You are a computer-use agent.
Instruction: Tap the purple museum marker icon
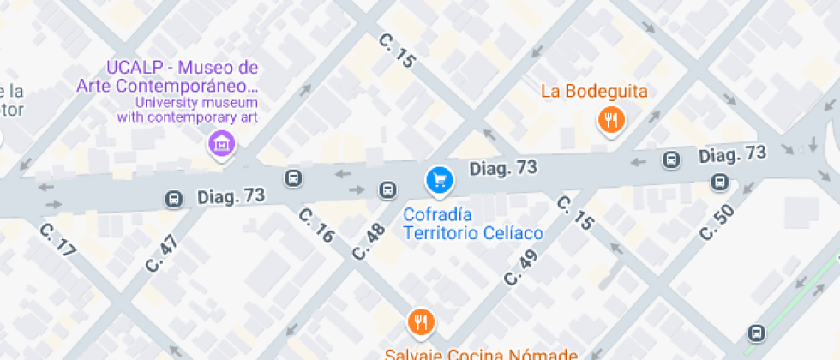click(x=222, y=143)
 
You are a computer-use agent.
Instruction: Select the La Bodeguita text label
click(x=594, y=92)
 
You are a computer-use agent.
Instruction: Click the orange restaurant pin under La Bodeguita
click(x=610, y=120)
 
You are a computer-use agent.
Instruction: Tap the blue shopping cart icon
click(x=439, y=179)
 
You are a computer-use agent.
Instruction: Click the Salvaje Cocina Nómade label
click(x=480, y=353)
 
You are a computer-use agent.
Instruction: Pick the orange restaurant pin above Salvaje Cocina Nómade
click(x=420, y=321)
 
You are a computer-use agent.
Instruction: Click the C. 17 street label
click(x=58, y=242)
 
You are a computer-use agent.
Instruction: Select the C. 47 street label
click(x=162, y=253)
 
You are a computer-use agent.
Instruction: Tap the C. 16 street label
click(x=316, y=225)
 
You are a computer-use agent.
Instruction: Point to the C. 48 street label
click(x=370, y=242)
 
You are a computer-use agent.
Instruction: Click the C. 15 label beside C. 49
click(x=576, y=214)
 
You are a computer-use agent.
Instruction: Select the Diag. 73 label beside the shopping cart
click(x=503, y=168)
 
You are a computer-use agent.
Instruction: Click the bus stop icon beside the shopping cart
click(x=387, y=189)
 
